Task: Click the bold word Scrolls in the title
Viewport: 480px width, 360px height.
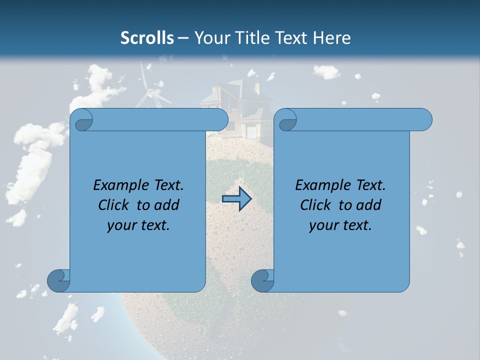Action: tap(147, 37)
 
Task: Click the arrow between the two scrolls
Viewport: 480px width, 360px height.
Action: tap(236, 199)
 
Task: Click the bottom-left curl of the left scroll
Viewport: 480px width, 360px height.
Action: tap(59, 280)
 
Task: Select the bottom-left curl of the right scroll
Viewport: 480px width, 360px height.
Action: tap(263, 280)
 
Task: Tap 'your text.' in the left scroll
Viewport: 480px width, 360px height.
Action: tap(138, 225)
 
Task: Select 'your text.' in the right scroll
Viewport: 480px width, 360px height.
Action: tap(340, 225)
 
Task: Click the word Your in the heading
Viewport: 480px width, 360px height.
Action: tap(209, 37)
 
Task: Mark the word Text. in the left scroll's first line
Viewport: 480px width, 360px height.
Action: tap(167, 185)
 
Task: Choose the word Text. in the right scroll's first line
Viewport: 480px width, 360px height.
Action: tap(369, 185)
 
